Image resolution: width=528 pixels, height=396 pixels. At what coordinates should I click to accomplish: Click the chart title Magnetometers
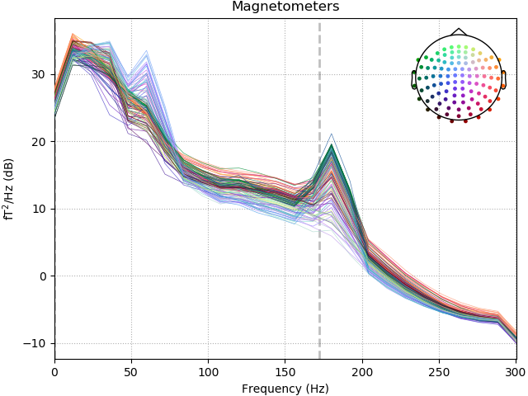tap(285, 7)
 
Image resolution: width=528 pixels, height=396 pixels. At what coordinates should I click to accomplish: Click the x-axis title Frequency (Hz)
tap(285, 388)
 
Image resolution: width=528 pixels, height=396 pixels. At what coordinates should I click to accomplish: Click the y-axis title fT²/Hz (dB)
tap(10, 189)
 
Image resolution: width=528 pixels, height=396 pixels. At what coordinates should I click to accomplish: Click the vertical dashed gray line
tap(319, 247)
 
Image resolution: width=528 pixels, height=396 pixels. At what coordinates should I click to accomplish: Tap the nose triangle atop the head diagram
tap(459, 32)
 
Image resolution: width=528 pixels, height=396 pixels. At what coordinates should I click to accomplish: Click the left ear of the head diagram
tap(414, 79)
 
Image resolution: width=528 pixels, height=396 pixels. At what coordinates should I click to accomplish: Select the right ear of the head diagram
tap(503, 79)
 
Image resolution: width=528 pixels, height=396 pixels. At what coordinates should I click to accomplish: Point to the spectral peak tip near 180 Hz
tap(331, 134)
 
